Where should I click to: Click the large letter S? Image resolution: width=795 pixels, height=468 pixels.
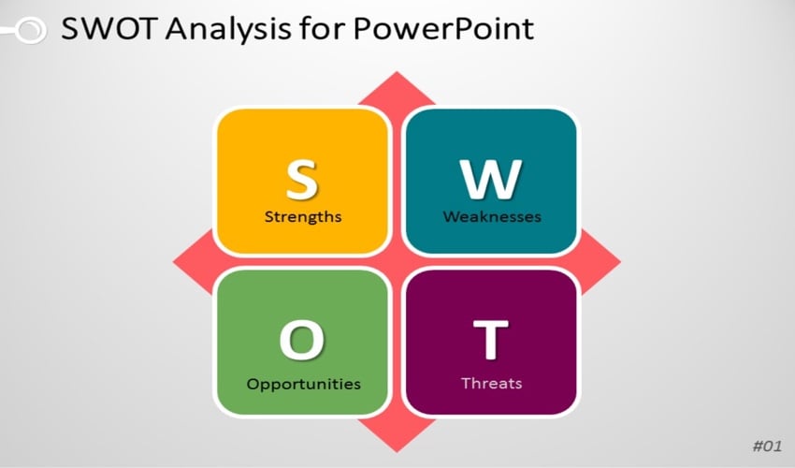pyautogui.click(x=302, y=179)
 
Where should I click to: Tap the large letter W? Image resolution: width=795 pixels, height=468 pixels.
pyautogui.click(x=491, y=179)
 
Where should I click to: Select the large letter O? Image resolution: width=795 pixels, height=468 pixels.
pyautogui.click(x=302, y=340)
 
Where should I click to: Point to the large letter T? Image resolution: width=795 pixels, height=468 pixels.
pyautogui.click(x=490, y=339)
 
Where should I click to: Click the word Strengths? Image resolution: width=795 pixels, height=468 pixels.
pyautogui.click(x=303, y=217)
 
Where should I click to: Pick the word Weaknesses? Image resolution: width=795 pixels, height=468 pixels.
pyautogui.click(x=492, y=217)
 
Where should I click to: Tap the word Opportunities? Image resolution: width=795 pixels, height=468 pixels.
pyautogui.click(x=303, y=384)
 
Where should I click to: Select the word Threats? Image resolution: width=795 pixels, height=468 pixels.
pyautogui.click(x=491, y=383)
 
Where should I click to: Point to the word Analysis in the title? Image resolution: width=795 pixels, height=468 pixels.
pyautogui.click(x=228, y=29)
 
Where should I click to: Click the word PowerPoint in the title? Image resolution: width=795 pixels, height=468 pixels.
pyautogui.click(x=443, y=28)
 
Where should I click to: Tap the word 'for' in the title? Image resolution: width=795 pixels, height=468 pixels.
pyautogui.click(x=322, y=28)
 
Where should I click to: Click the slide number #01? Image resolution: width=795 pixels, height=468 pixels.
pyautogui.click(x=767, y=446)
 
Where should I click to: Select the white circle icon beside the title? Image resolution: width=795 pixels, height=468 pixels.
pyautogui.click(x=32, y=30)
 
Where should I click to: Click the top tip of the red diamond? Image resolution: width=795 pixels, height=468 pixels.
pyautogui.click(x=397, y=72)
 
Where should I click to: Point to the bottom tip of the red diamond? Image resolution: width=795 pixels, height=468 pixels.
pyautogui.click(x=397, y=451)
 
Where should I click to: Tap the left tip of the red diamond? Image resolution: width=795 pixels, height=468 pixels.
pyautogui.click(x=173, y=262)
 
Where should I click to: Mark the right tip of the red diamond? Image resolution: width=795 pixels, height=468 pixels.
pyautogui.click(x=620, y=262)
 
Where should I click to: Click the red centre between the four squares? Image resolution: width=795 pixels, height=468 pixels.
pyautogui.click(x=397, y=261)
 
